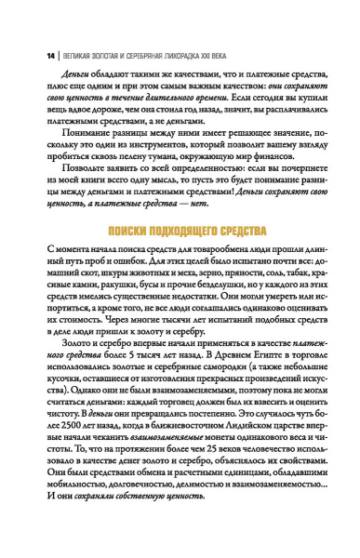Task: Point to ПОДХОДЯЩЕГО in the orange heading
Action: pos(191,229)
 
